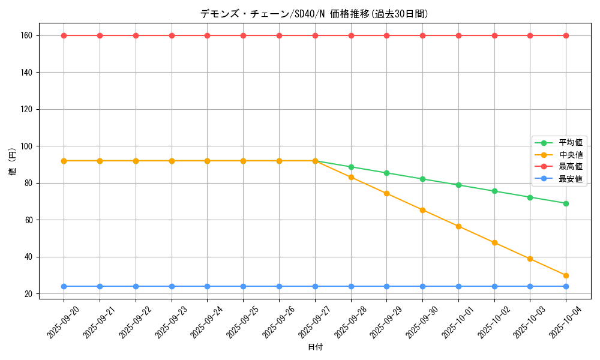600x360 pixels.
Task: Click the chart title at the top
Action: coord(314,14)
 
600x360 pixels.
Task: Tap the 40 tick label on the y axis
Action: coord(28,257)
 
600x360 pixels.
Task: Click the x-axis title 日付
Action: coord(315,347)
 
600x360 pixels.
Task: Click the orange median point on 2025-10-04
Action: coord(566,275)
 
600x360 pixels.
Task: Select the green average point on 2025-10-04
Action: coord(566,203)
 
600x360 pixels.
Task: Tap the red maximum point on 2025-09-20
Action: coord(64,35)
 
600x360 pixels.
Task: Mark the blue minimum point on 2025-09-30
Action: coord(422,286)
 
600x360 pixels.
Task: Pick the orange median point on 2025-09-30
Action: coord(422,210)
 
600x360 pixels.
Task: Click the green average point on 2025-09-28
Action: coord(351,167)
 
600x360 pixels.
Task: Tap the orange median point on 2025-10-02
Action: coord(494,242)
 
